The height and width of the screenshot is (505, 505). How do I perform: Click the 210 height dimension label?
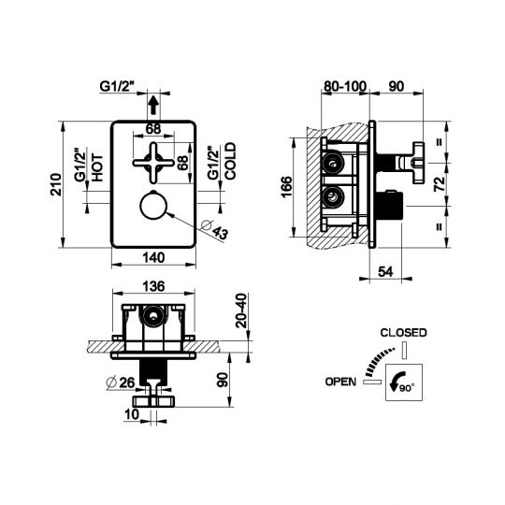[56, 184]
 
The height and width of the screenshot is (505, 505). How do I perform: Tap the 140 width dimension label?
[153, 258]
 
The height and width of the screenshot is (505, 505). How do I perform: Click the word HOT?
[97, 167]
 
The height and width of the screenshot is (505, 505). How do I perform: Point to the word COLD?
[230, 161]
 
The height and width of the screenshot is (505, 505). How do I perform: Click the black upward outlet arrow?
[153, 105]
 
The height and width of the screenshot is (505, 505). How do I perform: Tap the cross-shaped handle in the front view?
[153, 163]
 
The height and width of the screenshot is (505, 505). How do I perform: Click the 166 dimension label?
[286, 187]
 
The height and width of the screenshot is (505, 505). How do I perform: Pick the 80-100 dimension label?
[345, 86]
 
